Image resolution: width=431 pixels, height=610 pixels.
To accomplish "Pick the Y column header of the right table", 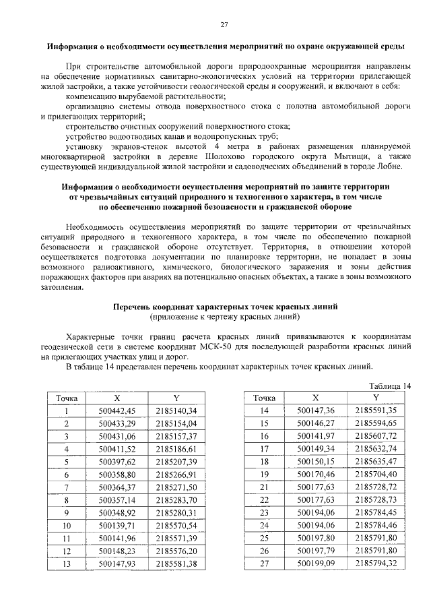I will point(364,398).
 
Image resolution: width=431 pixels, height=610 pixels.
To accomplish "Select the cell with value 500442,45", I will point(117,410).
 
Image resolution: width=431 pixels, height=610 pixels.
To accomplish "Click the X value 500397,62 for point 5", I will point(117,462).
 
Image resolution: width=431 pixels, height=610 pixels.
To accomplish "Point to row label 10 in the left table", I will point(67,525).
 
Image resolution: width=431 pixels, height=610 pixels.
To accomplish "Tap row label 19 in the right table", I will point(264,475).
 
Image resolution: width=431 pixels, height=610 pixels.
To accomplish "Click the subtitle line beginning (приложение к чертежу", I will point(225,315).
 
